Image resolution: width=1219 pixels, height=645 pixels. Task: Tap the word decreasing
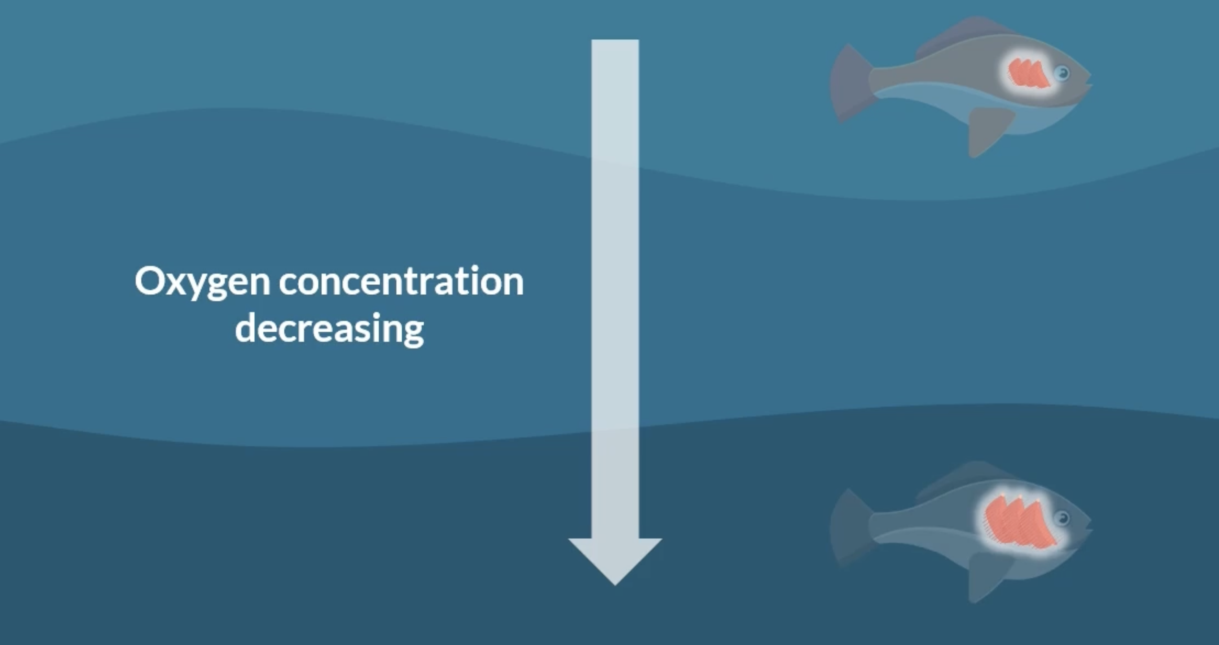point(329,329)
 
